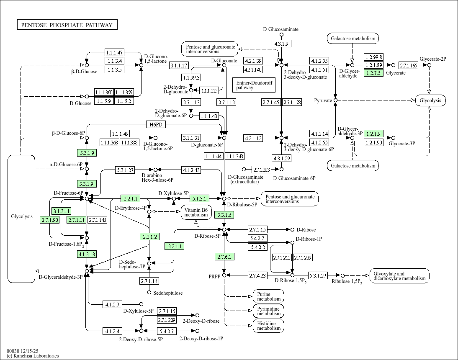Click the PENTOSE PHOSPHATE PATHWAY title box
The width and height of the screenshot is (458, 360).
67,25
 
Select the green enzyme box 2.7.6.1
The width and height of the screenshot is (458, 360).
224,257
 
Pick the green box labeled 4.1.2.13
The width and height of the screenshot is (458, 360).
87,254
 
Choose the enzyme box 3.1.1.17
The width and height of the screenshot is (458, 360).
179,66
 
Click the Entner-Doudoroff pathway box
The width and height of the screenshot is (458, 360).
254,85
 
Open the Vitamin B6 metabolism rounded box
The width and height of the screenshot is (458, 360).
196,212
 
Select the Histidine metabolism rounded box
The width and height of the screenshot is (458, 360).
268,326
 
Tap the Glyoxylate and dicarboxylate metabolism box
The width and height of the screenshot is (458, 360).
399,276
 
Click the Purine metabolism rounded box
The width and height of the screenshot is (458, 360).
268,296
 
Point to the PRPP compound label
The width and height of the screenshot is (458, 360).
215,277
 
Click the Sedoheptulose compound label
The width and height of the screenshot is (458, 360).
167,293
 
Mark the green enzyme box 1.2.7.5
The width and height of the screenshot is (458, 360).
373,73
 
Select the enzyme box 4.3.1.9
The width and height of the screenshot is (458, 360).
281,44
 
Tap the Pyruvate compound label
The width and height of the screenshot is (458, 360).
323,100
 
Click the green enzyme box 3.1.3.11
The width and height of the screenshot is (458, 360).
61,211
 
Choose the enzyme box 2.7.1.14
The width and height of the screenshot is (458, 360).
149,281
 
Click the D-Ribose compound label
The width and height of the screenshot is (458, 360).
306,230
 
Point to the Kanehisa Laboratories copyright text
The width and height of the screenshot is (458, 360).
33,356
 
